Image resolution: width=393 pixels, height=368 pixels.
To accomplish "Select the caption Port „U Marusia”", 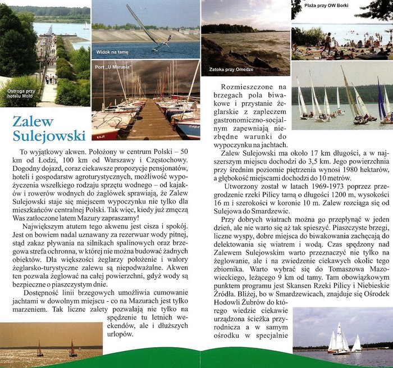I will point(113,65).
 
